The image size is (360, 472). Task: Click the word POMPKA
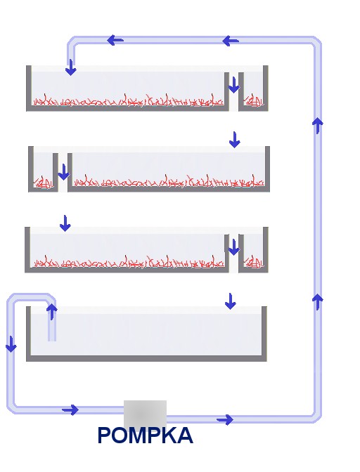[146, 435]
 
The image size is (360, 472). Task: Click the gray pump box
[146, 414]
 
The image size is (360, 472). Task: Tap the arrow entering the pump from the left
[70, 409]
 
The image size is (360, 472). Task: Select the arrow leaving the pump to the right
[225, 419]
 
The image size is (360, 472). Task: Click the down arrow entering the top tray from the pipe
[71, 67]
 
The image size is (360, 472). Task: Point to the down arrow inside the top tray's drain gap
[233, 85]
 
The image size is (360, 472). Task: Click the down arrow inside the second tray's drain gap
[63, 172]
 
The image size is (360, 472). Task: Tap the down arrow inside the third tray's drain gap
[233, 247]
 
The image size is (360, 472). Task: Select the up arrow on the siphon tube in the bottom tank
[52, 312]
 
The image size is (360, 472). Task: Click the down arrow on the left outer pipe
[11, 344]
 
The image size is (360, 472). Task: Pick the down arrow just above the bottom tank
[231, 301]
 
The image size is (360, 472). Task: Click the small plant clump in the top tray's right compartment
[253, 100]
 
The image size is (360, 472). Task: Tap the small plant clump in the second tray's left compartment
[44, 182]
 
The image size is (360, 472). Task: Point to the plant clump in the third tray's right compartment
[254, 262]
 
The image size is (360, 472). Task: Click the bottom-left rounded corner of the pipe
[12, 407]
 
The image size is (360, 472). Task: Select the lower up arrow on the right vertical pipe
[318, 302]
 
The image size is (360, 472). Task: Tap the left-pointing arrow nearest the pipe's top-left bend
[115, 40]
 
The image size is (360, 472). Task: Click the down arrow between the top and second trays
[235, 139]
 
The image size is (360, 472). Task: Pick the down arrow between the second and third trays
[65, 223]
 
